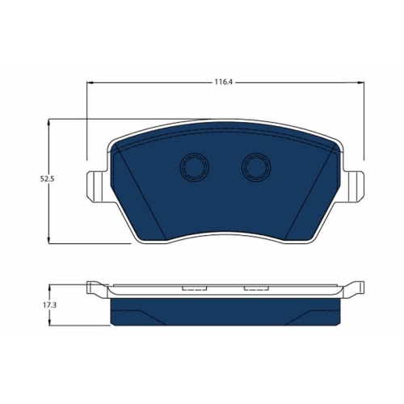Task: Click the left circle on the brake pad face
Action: click(x=194, y=167)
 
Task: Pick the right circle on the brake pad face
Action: click(x=255, y=167)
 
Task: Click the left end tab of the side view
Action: click(x=95, y=287)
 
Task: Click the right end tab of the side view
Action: click(x=353, y=287)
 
